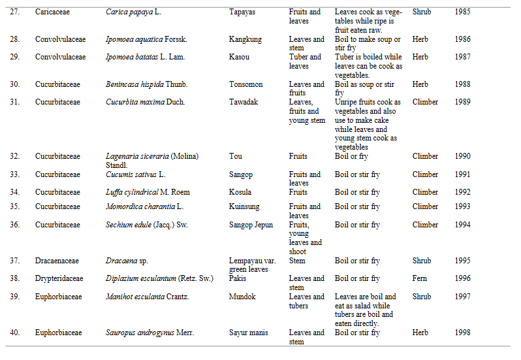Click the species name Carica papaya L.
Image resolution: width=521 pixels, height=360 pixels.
click(136, 12)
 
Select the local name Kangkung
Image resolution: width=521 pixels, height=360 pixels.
click(245, 39)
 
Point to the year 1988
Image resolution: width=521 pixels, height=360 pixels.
click(463, 84)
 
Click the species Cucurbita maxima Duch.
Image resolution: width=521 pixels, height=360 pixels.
click(146, 102)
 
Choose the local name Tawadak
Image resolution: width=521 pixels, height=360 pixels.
click(244, 102)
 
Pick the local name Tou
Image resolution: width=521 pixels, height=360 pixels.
click(236, 157)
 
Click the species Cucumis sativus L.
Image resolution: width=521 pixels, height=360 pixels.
click(136, 174)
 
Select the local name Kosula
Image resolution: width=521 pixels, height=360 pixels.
click(241, 192)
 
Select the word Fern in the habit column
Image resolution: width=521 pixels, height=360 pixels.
click(419, 278)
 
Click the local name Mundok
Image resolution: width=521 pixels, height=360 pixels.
click(243, 297)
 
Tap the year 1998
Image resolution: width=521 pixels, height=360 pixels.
click(463, 333)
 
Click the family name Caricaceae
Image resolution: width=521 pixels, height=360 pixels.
click(54, 12)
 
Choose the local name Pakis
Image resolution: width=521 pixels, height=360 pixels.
click(238, 278)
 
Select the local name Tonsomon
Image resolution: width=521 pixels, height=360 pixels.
click(247, 84)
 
